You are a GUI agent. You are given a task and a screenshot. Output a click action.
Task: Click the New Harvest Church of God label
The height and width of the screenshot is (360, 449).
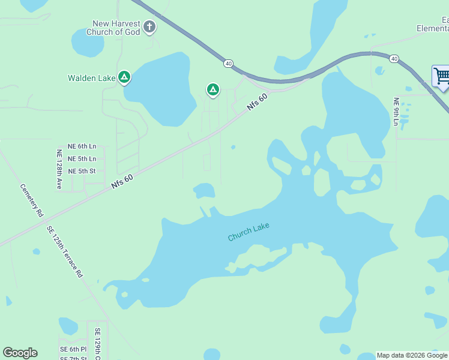point(116,28)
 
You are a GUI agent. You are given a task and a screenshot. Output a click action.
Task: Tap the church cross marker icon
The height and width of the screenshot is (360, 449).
point(149,27)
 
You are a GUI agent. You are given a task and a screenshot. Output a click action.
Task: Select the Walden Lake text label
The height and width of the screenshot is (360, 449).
point(91,77)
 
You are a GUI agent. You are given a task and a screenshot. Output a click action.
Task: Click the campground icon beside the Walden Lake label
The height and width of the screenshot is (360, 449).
point(124,77)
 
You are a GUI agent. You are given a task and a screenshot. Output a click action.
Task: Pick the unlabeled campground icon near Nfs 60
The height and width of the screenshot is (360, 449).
point(212,90)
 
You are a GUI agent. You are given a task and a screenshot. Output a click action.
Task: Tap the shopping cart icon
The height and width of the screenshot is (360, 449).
point(441,76)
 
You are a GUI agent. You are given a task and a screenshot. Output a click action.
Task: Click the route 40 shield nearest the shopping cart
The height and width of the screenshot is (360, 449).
point(393,58)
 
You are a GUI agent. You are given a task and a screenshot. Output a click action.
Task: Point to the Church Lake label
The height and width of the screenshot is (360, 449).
point(249,232)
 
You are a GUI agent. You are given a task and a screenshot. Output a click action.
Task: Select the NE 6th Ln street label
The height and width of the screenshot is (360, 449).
point(82,146)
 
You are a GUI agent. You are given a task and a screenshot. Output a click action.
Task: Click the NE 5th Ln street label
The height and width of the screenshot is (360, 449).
point(82,159)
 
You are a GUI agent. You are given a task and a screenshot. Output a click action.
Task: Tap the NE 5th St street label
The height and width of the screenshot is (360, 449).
point(82,171)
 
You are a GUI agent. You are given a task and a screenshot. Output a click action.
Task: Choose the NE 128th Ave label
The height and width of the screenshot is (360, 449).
point(59,169)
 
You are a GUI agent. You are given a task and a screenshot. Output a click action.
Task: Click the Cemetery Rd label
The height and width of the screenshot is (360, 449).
point(31,200)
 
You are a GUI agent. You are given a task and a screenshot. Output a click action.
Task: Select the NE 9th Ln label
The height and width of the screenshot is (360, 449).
point(396,112)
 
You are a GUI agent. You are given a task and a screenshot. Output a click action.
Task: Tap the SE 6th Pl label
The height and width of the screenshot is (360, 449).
point(73,349)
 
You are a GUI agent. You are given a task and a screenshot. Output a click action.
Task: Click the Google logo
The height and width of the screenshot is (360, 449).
point(20,353)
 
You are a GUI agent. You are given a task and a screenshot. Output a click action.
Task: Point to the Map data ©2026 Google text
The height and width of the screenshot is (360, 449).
point(412,355)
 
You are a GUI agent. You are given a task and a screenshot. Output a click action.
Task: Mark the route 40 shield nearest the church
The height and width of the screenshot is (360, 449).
point(228,62)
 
